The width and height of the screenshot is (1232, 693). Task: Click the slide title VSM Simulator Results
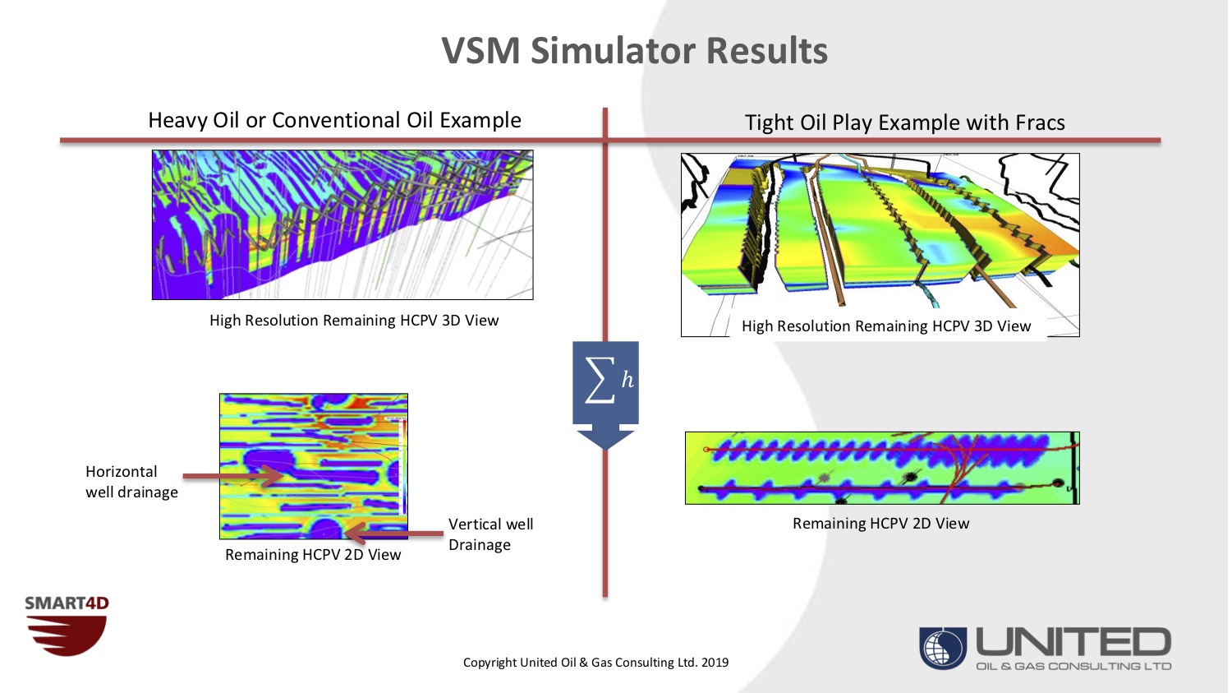pyautogui.click(x=634, y=51)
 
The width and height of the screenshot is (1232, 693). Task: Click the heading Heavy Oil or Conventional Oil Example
pyautogui.click(x=334, y=120)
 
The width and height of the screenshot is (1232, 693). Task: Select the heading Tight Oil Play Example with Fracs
pyautogui.click(x=904, y=122)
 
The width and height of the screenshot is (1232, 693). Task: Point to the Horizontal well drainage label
pyautogui.click(x=131, y=482)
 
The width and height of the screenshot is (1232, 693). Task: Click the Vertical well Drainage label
pyautogui.click(x=490, y=534)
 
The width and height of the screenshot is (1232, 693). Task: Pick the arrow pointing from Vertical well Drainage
pyautogui.click(x=394, y=534)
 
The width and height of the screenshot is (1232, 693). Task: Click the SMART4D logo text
pyautogui.click(x=67, y=603)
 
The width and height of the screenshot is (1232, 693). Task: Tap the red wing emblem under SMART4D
pyautogui.click(x=67, y=635)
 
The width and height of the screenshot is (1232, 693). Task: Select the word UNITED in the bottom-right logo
pyautogui.click(x=1073, y=642)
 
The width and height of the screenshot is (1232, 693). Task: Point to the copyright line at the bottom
pyautogui.click(x=595, y=663)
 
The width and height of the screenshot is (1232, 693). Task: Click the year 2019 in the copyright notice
pyautogui.click(x=715, y=663)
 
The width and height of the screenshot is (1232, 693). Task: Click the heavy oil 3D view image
pyautogui.click(x=342, y=224)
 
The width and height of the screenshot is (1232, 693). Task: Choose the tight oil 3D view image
pyautogui.click(x=880, y=234)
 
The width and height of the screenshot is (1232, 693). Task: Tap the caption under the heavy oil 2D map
pyautogui.click(x=313, y=555)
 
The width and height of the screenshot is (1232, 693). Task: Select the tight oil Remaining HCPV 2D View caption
pyautogui.click(x=880, y=524)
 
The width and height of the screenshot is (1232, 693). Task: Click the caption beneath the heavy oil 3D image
pyautogui.click(x=354, y=321)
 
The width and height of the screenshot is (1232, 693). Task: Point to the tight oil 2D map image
pyautogui.click(x=882, y=468)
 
